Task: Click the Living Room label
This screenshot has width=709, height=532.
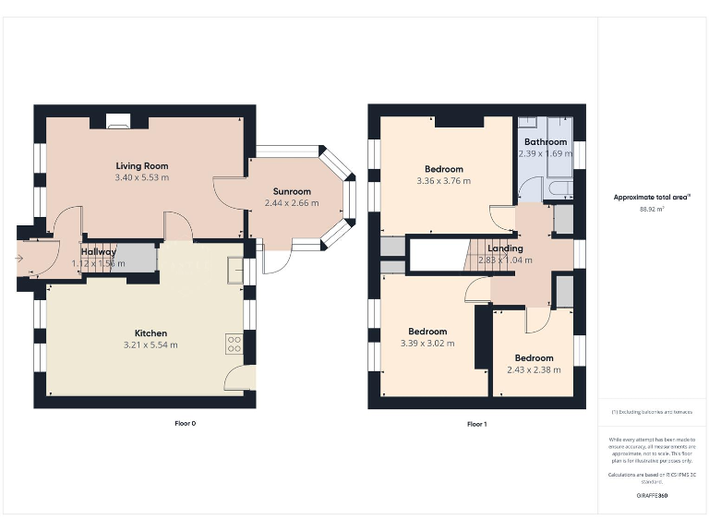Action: pos(142,166)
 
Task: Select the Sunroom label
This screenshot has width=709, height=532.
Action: pos(291,191)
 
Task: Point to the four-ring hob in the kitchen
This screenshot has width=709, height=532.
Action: pos(234,345)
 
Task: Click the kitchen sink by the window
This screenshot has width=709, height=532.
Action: pos(236,271)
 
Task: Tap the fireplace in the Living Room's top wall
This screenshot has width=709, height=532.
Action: pos(117,119)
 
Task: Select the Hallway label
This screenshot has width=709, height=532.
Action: pos(99,251)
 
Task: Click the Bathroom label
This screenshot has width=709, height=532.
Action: pos(545,142)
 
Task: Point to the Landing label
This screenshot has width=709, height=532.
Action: pos(505,248)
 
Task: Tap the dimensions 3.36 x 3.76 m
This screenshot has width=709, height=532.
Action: pos(444,181)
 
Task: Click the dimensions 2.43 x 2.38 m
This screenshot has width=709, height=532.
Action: pos(534,369)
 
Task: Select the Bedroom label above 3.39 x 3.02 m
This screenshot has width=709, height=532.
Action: pos(427,332)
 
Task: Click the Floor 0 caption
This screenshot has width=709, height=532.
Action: pos(186,424)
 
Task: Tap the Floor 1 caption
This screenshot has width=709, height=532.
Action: pos(476,424)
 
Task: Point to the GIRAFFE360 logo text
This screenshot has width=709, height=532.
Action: pos(652,496)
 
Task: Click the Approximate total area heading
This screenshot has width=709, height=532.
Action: pos(652,197)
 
